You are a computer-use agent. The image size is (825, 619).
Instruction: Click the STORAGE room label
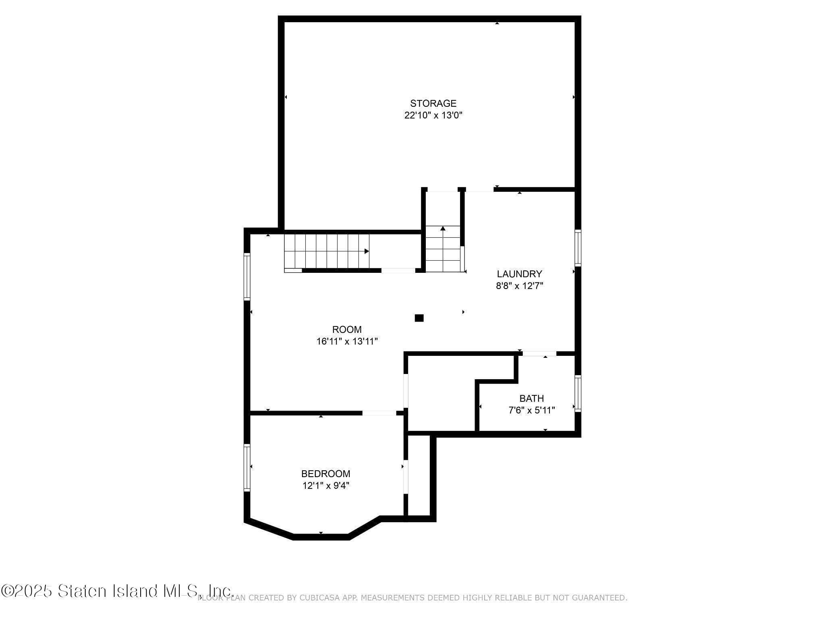pyautogui.click(x=433, y=104)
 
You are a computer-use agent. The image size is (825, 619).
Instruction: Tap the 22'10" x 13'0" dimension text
pyautogui.click(x=433, y=115)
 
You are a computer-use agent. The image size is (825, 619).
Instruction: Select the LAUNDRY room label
pyautogui.click(x=519, y=274)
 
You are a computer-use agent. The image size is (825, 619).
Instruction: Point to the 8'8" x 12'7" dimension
pyautogui.click(x=519, y=286)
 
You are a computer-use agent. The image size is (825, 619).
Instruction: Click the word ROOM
pyautogui.click(x=347, y=330)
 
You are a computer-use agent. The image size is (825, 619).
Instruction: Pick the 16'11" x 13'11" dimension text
pyautogui.click(x=347, y=341)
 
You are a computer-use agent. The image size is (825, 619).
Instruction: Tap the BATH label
pyautogui.click(x=532, y=399)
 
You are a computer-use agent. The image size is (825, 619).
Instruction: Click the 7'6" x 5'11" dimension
pyautogui.click(x=532, y=410)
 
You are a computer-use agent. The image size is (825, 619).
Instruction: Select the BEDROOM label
pyautogui.click(x=325, y=474)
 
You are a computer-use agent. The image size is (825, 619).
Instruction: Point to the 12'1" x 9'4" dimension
pyautogui.click(x=325, y=486)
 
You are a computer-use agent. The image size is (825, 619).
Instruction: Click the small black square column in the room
pyautogui.click(x=419, y=318)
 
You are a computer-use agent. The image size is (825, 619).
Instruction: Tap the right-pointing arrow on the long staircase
pyautogui.click(x=367, y=251)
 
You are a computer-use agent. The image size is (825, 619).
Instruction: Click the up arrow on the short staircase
pyautogui.click(x=443, y=228)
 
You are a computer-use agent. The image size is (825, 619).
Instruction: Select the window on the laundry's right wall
pyautogui.click(x=578, y=248)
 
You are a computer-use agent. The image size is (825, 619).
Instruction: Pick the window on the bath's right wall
pyautogui.click(x=578, y=393)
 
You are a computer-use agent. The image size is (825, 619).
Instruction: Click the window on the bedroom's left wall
pyautogui.click(x=247, y=467)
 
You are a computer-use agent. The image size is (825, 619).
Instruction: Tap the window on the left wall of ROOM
pyautogui.click(x=247, y=276)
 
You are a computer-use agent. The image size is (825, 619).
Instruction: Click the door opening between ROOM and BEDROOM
pyautogui.click(x=379, y=413)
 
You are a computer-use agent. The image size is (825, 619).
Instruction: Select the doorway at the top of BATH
pyautogui.click(x=539, y=354)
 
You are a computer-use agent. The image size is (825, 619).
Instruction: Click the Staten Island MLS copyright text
pyautogui.click(x=117, y=591)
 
